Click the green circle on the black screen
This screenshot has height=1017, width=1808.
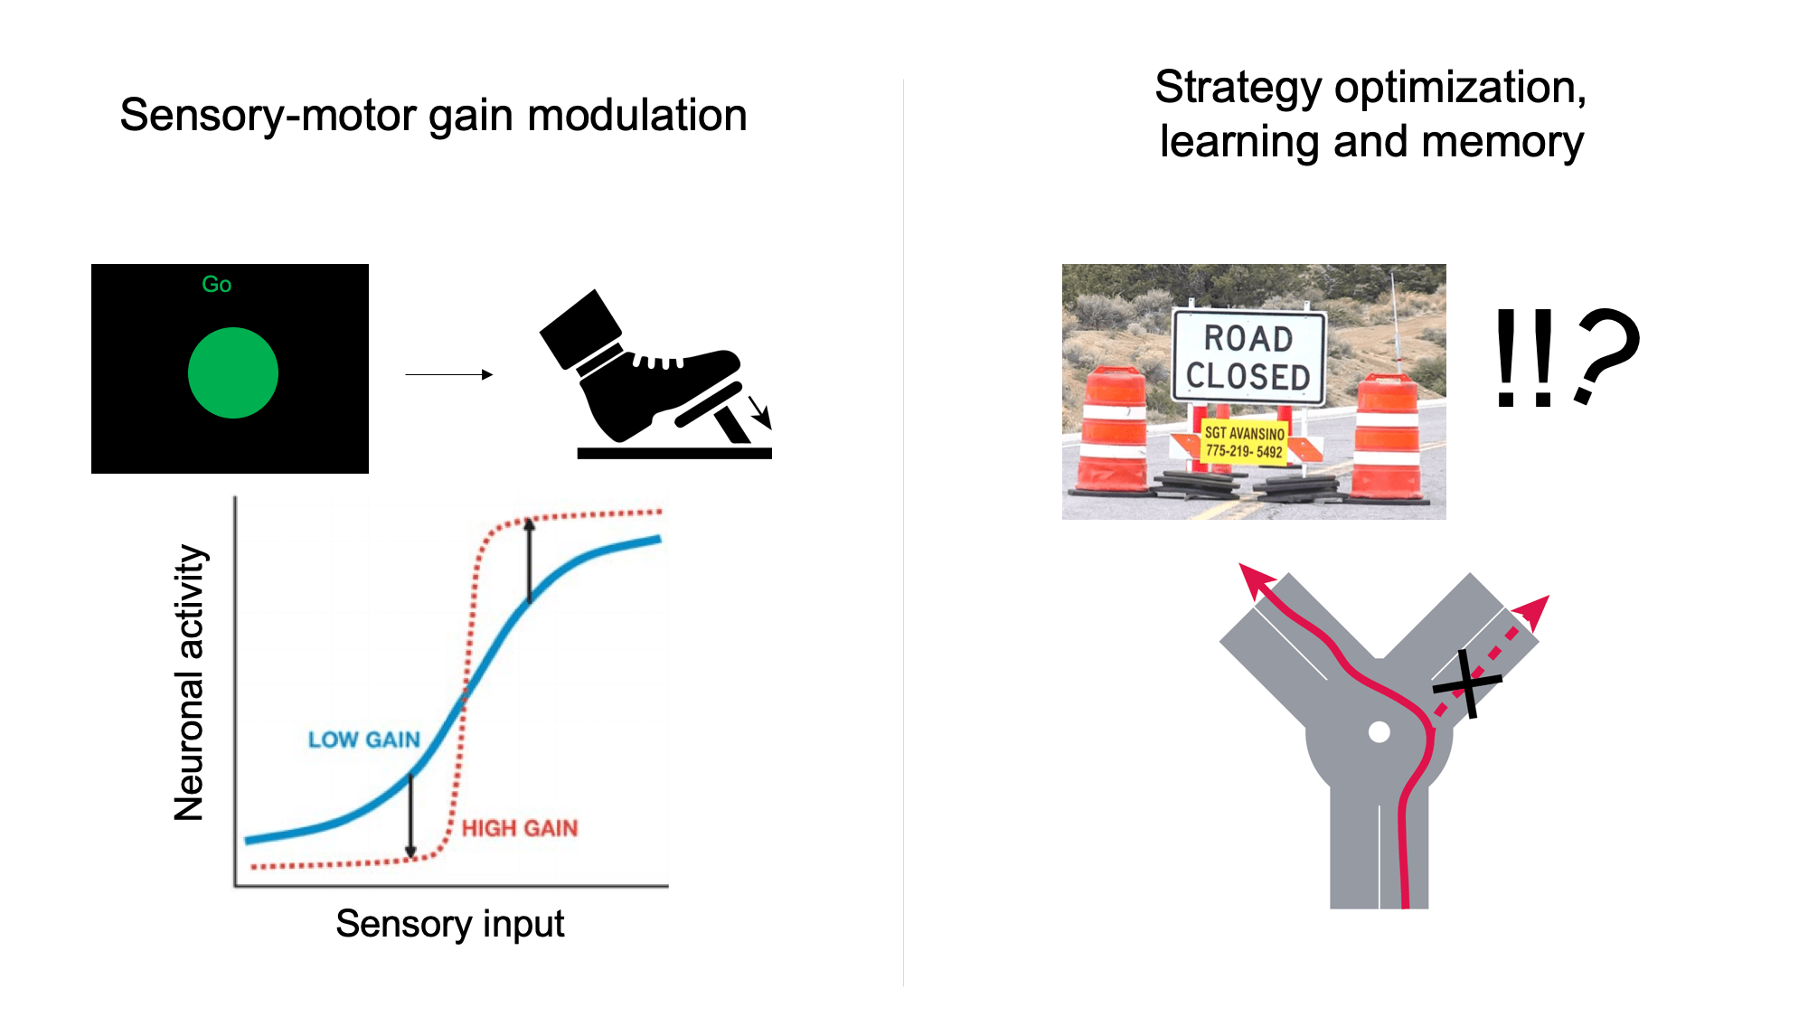click(x=232, y=372)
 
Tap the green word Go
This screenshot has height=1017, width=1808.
click(x=217, y=285)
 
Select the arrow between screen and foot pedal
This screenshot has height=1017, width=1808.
click(x=448, y=374)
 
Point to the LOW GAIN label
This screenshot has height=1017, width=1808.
click(x=364, y=739)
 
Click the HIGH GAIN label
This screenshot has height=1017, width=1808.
click(x=520, y=828)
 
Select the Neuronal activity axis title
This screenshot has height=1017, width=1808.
click(x=190, y=683)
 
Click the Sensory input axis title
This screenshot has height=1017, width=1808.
click(x=449, y=924)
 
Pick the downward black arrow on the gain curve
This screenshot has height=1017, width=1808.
click(x=411, y=814)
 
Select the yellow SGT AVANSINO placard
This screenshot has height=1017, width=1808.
click(x=1244, y=442)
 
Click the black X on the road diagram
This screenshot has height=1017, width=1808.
click(x=1468, y=683)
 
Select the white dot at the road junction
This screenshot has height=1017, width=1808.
click(x=1379, y=731)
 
